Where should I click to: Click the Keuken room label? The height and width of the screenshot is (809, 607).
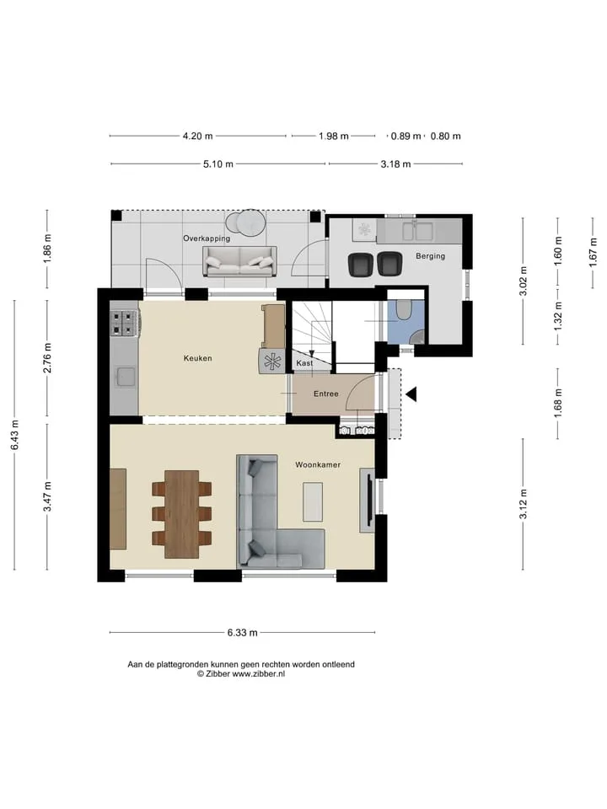pos(197,358)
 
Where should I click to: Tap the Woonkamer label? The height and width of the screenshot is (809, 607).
pos(318,465)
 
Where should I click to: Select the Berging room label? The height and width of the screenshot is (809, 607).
pos(430,256)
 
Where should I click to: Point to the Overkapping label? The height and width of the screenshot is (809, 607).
pos(207,238)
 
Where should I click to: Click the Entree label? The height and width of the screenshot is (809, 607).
pos(326,394)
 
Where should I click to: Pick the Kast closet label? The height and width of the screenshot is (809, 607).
pos(304,363)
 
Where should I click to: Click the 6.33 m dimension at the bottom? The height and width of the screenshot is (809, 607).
pos(242,633)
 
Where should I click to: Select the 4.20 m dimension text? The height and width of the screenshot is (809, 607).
pos(197,137)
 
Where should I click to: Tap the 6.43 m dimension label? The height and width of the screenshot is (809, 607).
pos(15,435)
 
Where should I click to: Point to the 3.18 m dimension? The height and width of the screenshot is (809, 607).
pos(396,164)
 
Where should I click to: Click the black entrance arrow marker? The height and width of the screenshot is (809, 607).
pos(411,394)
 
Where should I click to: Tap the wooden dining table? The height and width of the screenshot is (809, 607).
pos(182,514)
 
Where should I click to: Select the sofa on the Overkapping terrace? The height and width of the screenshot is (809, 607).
pos(239,261)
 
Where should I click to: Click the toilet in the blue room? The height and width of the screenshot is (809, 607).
pos(404,309)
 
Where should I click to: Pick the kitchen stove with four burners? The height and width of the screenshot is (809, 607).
pos(123,324)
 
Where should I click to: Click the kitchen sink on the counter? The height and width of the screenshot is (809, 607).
pos(126,377)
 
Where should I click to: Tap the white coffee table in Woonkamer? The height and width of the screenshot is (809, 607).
pos(313,502)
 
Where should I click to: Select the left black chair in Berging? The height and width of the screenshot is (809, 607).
pos(360,264)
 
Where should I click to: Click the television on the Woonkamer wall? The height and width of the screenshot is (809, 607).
pos(368,500)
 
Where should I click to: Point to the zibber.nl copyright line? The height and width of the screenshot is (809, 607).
pos(241,674)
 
